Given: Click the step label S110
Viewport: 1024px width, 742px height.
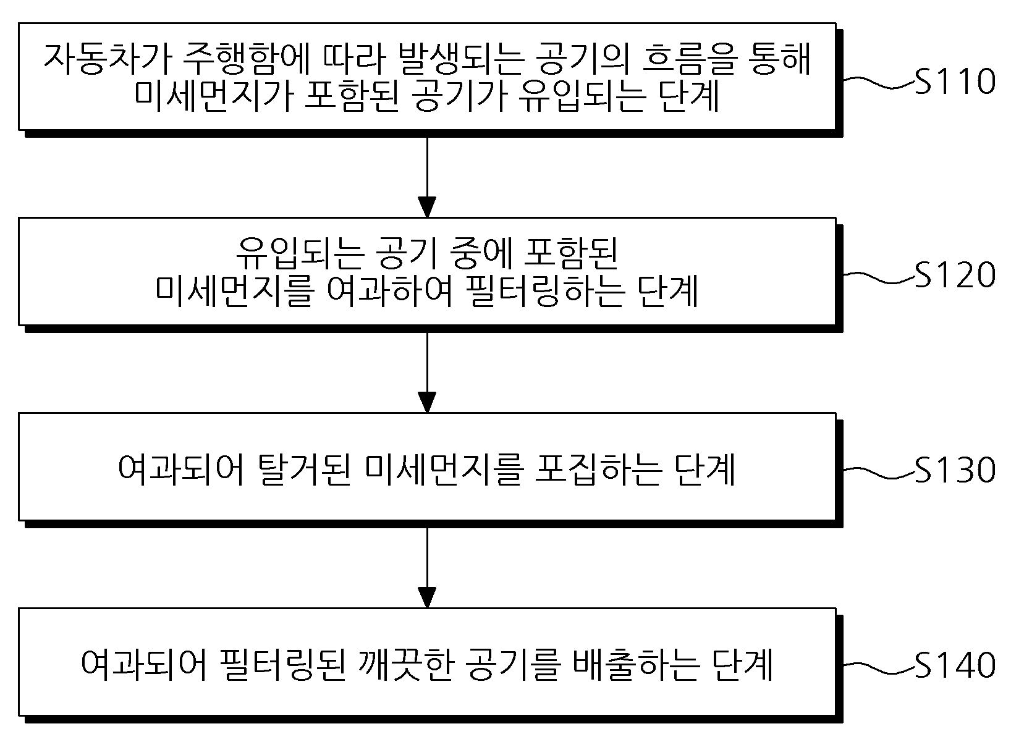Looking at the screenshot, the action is pos(955,82).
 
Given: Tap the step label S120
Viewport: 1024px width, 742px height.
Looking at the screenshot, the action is pos(955,275).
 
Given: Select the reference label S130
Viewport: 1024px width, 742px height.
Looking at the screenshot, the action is pos(955,470).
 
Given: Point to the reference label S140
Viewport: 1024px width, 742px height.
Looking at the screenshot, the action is pos(955,665).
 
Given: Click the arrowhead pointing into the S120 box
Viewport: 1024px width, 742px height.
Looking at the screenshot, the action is pos(427,208).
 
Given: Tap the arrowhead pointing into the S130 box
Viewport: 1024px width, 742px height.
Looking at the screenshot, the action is pos(427,403).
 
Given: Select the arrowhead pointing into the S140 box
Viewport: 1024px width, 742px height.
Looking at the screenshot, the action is pos(427,597).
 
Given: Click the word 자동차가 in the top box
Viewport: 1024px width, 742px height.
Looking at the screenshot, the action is pos(108,59).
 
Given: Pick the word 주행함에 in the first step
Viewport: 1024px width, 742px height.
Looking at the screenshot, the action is pos(249,59).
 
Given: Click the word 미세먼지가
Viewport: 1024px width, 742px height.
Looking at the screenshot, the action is pos(213,97).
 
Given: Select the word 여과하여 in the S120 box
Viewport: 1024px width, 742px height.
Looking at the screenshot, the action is pos(390,291).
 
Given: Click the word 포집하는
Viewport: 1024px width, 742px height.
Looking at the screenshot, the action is pos(598,470).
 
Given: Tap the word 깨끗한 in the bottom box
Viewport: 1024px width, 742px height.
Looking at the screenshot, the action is pos(407,665).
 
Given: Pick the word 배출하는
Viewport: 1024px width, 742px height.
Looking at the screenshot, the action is pos(636,665).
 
